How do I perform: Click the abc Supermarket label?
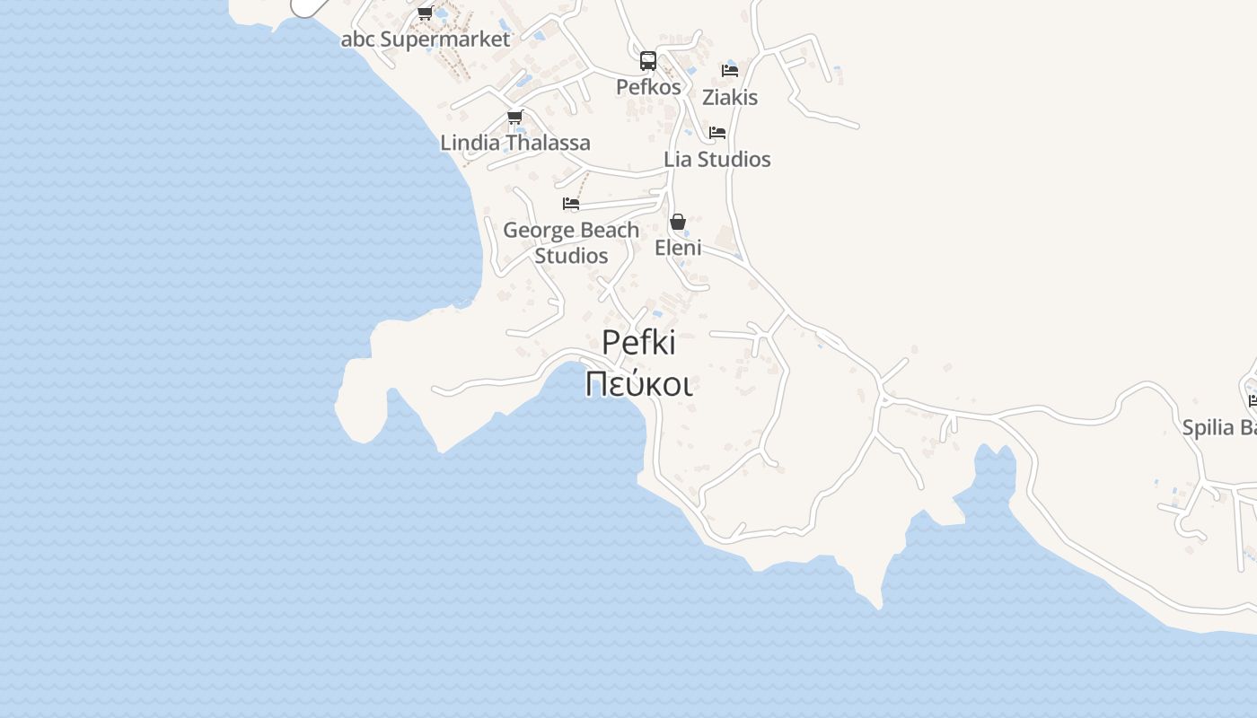click(x=426, y=39)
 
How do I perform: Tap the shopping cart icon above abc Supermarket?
click(x=426, y=13)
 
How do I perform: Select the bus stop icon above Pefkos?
click(x=648, y=61)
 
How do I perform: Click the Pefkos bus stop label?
click(x=648, y=87)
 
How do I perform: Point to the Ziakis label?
click(x=730, y=97)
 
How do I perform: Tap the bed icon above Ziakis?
click(x=730, y=70)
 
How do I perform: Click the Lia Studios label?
click(x=717, y=159)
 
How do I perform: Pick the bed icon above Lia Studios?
click(x=717, y=133)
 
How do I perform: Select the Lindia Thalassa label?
click(x=515, y=143)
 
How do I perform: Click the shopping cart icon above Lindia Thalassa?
click(x=515, y=117)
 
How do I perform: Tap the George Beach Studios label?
click(x=571, y=242)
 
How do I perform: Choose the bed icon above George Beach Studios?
click(x=571, y=204)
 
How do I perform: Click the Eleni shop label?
click(x=678, y=248)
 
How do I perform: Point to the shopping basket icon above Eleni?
click(x=678, y=222)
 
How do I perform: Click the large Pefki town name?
click(x=638, y=342)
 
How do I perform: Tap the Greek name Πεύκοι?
click(x=638, y=384)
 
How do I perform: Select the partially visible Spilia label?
click(x=1219, y=427)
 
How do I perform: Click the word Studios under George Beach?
click(x=572, y=256)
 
